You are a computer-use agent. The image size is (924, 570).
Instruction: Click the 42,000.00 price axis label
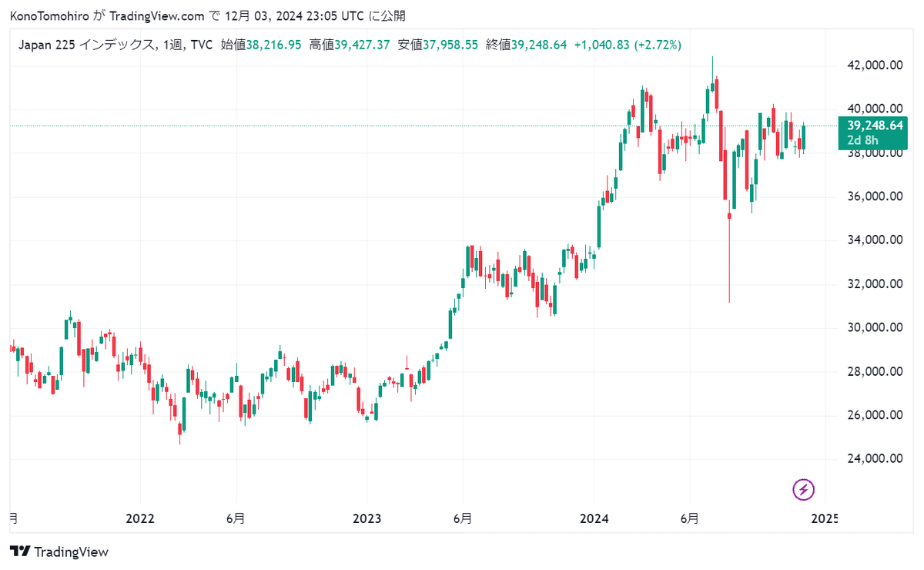875,65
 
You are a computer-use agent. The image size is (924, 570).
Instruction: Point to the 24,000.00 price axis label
875,458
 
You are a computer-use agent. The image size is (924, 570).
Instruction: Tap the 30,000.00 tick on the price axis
875,327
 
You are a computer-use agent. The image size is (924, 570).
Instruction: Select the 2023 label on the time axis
367,518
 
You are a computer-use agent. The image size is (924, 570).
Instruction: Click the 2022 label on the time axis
140,518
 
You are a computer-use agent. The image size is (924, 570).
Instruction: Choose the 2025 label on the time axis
824,518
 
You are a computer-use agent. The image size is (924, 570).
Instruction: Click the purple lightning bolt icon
803,490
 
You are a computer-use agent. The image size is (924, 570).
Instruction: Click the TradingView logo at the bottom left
59,552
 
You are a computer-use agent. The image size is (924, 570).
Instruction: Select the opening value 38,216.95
273,45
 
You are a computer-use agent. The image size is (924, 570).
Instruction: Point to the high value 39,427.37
362,45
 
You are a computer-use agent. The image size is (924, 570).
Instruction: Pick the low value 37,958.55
450,45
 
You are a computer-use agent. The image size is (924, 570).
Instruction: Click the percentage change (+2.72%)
657,45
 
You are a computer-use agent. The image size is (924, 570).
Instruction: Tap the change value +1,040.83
602,45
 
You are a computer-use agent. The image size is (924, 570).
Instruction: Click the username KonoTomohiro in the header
49,16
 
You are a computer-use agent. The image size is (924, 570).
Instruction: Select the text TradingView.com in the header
157,16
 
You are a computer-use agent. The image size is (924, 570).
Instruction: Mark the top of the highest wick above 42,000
712,56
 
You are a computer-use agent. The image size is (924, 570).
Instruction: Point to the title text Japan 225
47,45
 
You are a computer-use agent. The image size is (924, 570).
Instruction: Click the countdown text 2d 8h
862,140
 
